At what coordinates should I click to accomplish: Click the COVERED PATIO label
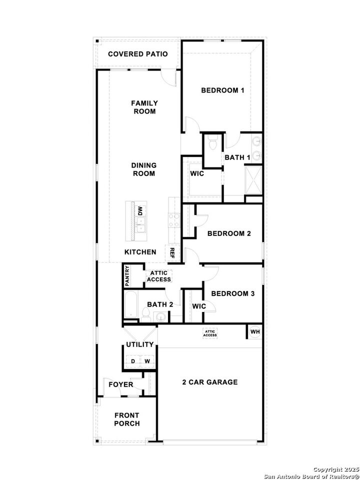click(x=137, y=54)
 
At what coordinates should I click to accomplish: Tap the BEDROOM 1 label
click(x=222, y=90)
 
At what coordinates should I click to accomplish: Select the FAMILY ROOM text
click(x=144, y=107)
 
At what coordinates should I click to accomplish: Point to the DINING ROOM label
click(x=144, y=169)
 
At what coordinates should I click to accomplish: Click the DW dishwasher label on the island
click(x=140, y=210)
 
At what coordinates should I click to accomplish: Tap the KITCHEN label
click(x=140, y=252)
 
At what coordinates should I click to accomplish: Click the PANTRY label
click(x=127, y=275)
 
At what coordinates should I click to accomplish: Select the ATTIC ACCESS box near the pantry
click(x=159, y=276)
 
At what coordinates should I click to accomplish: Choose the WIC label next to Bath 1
click(x=196, y=173)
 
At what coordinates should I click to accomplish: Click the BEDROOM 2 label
click(x=228, y=233)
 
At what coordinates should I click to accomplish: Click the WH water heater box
click(x=254, y=331)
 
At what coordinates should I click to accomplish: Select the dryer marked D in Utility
click(x=133, y=361)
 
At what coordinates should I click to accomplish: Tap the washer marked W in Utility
click(x=147, y=361)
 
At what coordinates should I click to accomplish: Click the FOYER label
click(x=121, y=384)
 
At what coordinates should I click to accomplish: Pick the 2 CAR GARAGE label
click(x=209, y=382)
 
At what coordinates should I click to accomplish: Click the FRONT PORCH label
click(x=127, y=419)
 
